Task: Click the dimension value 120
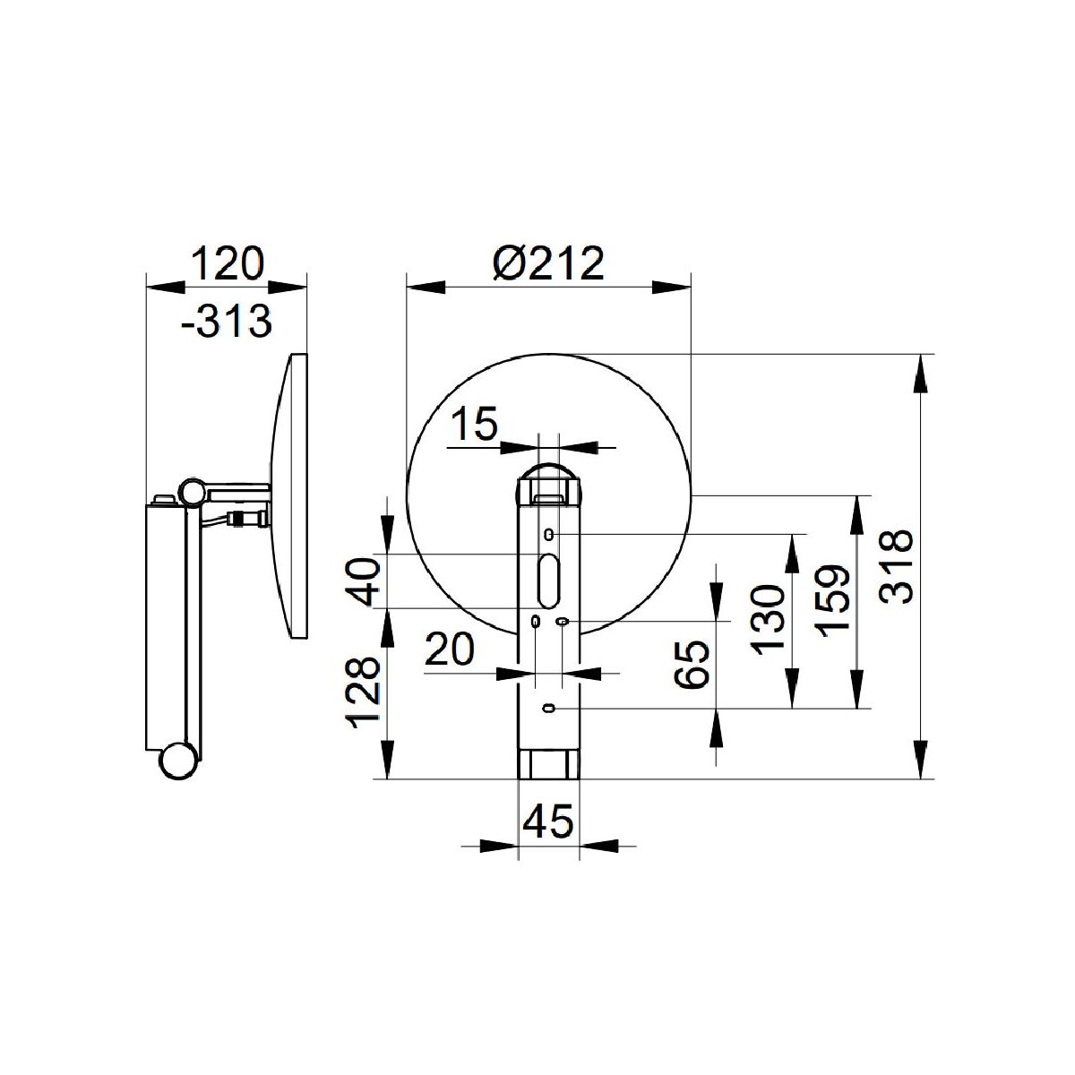227,263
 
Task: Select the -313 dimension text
227,322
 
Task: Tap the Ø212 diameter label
548,263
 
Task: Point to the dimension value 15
473,424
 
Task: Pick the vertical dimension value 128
364,692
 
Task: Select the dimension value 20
449,649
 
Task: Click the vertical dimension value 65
692,665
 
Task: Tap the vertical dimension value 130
768,620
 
